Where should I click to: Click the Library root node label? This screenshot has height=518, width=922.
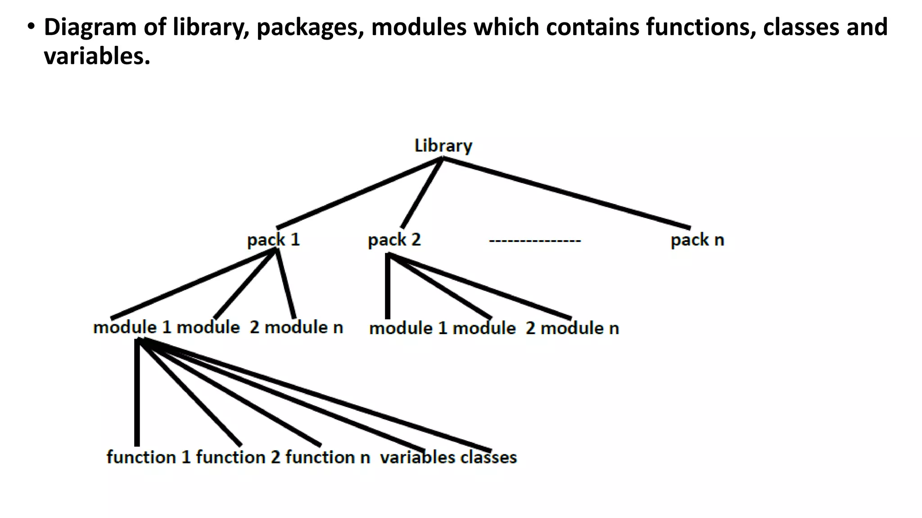pos(443,146)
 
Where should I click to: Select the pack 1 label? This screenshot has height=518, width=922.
pos(273,240)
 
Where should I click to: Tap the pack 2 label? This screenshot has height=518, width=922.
pos(394,240)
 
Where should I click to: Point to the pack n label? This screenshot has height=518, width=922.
pos(697,240)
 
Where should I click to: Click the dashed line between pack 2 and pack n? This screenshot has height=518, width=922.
pos(535,241)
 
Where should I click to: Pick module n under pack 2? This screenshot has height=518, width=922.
pos(579,328)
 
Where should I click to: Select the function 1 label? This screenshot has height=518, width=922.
pos(149,457)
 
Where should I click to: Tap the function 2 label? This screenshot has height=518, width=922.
pos(238,457)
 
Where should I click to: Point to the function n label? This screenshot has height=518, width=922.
pos(327,457)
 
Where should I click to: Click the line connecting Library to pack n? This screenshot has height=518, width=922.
pos(566,193)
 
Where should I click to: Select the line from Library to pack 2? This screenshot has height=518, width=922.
pos(421,193)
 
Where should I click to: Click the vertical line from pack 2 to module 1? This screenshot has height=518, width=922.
pos(388,288)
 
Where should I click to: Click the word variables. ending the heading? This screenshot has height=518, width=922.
pos(97,57)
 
